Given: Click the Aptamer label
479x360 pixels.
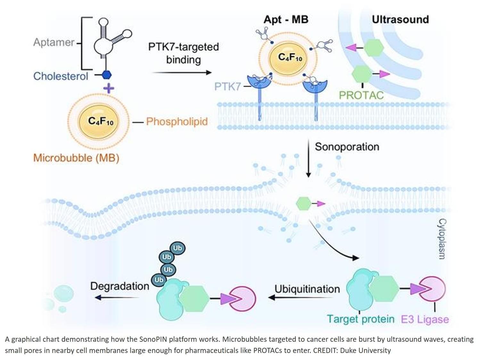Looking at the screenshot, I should coord(54,42).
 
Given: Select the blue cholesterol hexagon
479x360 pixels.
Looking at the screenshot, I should coord(107,75).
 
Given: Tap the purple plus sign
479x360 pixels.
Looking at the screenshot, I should coord(109,88).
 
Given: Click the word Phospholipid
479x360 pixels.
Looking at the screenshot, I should coord(177,121).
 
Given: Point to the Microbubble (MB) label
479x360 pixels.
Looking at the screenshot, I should coord(76,158).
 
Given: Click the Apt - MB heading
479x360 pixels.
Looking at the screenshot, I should coord(286,20).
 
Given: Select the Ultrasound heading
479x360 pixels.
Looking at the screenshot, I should coord(400,20).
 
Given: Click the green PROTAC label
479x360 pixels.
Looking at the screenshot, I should coord(361,95).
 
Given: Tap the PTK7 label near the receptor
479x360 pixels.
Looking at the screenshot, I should coord(227,86).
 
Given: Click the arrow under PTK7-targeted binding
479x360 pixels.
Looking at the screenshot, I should coord(182,73).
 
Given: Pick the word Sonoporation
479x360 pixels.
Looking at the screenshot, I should coord(347,147).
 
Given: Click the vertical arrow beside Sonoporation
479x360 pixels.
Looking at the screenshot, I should coord(308,158).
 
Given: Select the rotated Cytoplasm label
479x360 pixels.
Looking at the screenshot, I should coord(442,239).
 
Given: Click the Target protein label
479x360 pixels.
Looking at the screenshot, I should coord(360,319).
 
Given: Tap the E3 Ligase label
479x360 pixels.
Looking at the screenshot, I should coord(425,319).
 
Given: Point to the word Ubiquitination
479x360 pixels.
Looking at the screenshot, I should coord(307,289).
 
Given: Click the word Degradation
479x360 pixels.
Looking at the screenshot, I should coord(120,286).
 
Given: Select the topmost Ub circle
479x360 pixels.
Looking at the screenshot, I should coord(177,248).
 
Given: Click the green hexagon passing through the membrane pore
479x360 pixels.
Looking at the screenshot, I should coord(303,204).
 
